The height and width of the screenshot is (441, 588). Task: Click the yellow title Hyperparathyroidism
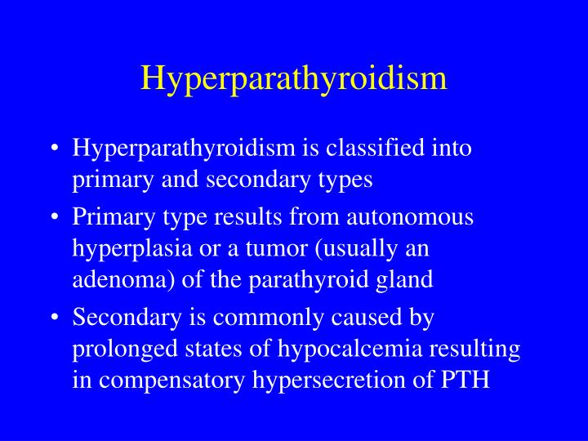click(294, 78)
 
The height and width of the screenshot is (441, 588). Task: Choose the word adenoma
click(116, 279)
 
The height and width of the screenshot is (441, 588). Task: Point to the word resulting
click(479, 349)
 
